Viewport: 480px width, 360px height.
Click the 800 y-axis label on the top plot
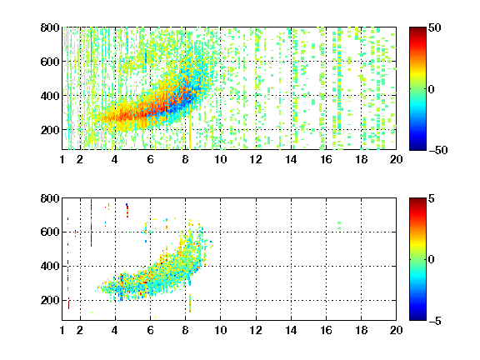click(x=50, y=27)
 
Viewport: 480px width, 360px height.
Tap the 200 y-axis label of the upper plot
click(x=50, y=130)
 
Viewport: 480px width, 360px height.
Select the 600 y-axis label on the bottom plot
click(x=50, y=232)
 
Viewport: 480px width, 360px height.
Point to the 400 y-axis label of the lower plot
click(x=50, y=266)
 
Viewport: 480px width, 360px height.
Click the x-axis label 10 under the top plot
click(x=220, y=159)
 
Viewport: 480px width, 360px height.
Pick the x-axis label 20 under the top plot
click(x=396, y=159)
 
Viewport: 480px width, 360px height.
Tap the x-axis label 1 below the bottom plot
click(x=62, y=330)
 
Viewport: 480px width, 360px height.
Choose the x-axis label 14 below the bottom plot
click(x=291, y=330)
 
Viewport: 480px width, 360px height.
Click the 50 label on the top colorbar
click(x=435, y=27)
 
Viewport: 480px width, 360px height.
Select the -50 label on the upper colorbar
click(x=437, y=150)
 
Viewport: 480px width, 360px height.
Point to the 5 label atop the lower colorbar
click(x=432, y=198)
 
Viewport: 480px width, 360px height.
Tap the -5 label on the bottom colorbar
click(x=435, y=321)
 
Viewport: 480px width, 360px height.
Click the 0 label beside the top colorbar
click(x=432, y=89)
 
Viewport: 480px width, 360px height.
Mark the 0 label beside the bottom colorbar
click(x=432, y=260)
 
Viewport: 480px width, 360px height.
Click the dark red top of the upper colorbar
click(x=417, y=30)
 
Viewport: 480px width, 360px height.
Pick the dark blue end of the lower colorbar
click(x=417, y=317)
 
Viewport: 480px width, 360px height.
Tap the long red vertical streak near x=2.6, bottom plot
click(x=91, y=222)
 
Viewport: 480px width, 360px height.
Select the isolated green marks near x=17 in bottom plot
click(x=339, y=225)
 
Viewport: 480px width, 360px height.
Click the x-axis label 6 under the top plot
click(x=150, y=159)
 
